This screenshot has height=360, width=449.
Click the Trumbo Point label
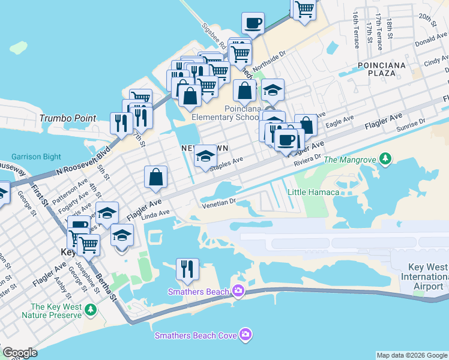(x=68, y=118)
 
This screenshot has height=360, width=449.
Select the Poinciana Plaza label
(x=382, y=68)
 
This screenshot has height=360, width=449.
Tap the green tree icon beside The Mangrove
(x=386, y=159)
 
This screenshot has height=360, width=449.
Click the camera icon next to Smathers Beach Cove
(x=245, y=335)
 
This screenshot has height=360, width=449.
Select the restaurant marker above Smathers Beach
(x=187, y=269)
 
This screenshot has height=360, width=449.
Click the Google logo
(x=20, y=353)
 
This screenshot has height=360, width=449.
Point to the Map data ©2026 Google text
(x=411, y=355)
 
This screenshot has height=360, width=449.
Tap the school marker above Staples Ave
(x=205, y=157)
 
